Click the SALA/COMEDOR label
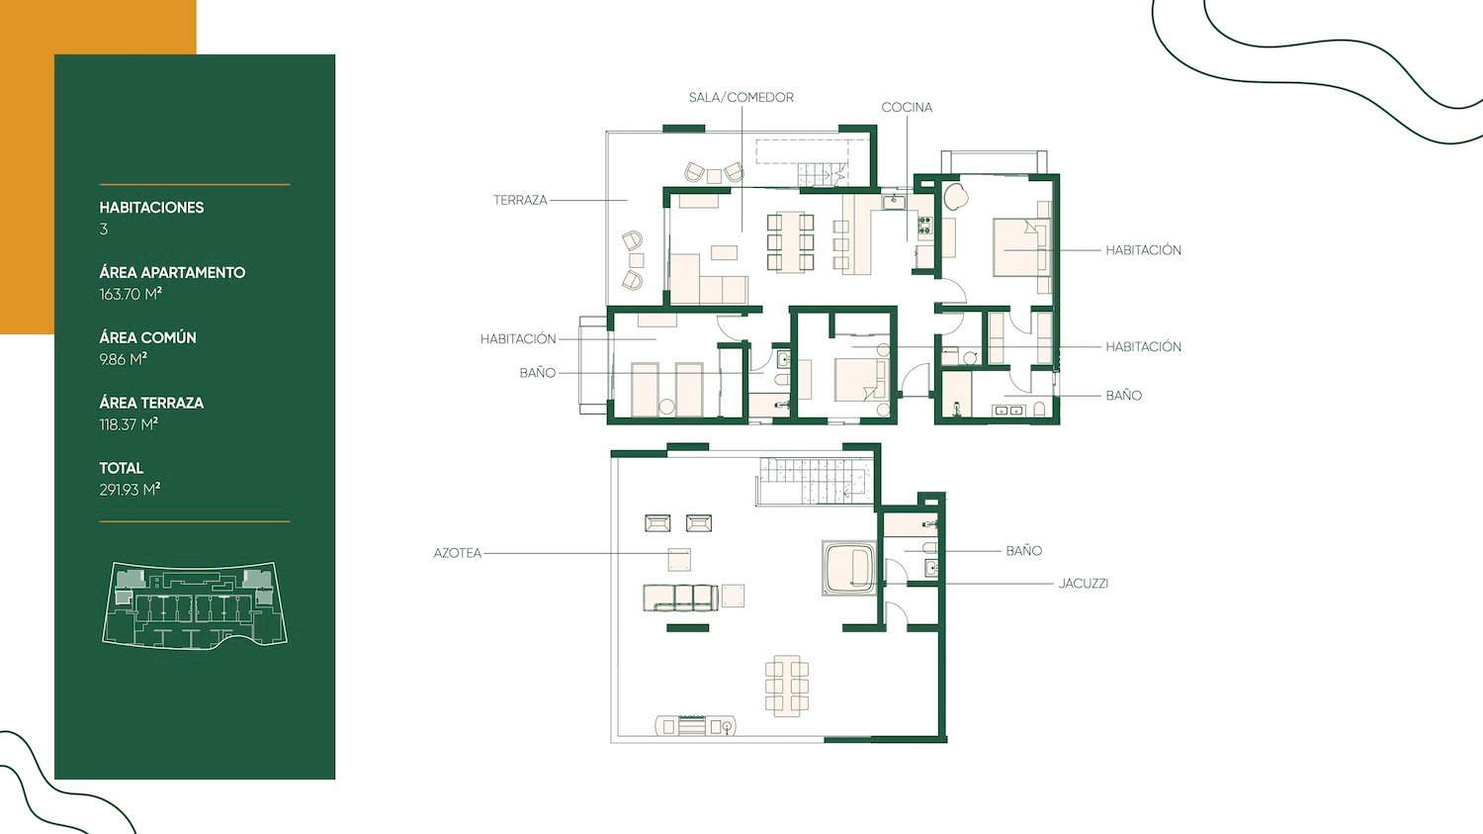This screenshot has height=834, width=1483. click(x=741, y=97)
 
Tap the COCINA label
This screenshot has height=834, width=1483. click(x=907, y=107)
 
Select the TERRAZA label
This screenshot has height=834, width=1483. click(x=520, y=200)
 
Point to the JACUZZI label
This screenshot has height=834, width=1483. click(x=1084, y=584)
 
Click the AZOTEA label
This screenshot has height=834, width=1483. click(x=458, y=553)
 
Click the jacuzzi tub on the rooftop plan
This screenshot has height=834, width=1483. click(x=849, y=568)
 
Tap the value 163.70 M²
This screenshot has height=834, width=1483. click(x=131, y=294)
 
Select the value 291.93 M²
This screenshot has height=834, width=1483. click(x=130, y=490)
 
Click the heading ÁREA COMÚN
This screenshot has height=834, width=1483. click(x=147, y=337)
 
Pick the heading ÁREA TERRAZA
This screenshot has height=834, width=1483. click(x=151, y=403)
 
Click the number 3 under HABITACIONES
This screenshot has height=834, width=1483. click(x=103, y=230)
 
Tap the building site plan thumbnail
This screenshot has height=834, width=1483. click(x=195, y=605)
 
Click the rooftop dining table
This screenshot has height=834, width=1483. click(x=787, y=686)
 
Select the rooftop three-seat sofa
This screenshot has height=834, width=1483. click(x=680, y=598)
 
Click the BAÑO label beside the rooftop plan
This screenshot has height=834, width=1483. click(x=1023, y=551)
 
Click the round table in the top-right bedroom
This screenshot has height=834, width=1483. click(x=956, y=197)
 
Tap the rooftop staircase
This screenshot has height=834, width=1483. click(x=817, y=480)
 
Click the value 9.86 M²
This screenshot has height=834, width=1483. click(x=124, y=360)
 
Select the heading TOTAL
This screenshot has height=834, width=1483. click(x=122, y=468)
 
